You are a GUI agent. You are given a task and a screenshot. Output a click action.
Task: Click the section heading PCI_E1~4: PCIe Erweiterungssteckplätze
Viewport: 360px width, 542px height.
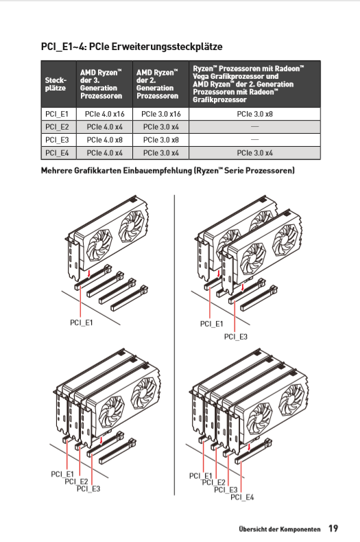coord(132,47)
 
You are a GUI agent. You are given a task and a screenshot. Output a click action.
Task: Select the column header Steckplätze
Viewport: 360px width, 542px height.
coord(56,84)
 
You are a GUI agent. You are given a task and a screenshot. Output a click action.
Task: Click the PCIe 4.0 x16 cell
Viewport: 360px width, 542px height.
coord(104,114)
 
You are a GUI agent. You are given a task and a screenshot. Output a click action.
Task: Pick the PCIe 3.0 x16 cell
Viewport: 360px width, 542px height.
coord(160,114)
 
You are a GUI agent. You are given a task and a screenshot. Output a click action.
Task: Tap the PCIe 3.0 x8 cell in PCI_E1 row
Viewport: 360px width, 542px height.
coord(254,114)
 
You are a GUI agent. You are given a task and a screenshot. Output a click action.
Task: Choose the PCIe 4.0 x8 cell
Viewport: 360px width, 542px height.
coord(104,140)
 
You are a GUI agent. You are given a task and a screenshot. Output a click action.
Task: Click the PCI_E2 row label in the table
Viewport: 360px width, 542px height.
coord(57,127)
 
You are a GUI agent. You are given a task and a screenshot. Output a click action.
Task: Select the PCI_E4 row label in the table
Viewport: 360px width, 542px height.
coord(57,153)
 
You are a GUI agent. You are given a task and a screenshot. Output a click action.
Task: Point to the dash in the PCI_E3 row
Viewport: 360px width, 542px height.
coord(254,140)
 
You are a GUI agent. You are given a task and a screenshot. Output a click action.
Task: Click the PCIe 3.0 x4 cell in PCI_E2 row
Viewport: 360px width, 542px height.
coord(160,127)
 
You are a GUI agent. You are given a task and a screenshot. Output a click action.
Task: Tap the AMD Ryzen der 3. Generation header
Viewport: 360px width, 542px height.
coord(101,84)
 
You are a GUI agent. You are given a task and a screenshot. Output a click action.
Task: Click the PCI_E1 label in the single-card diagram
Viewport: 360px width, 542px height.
coord(82,322)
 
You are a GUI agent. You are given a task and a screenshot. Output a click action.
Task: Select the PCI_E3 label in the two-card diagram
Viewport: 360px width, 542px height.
coord(236,336)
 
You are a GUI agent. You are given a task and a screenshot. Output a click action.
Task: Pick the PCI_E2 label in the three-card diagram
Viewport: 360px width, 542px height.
coord(76,481)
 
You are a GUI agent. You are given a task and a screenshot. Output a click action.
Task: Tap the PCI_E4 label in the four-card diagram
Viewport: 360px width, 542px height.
coord(242,497)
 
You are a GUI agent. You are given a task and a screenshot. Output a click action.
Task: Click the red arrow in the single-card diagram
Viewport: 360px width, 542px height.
coord(89,274)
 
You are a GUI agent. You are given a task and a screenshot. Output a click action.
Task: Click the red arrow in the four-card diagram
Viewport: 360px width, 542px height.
coord(249,447)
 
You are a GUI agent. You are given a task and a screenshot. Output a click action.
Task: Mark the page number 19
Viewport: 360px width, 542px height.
coord(333,528)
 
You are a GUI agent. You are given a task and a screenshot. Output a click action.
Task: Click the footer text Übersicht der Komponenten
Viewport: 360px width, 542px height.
coord(280,529)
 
